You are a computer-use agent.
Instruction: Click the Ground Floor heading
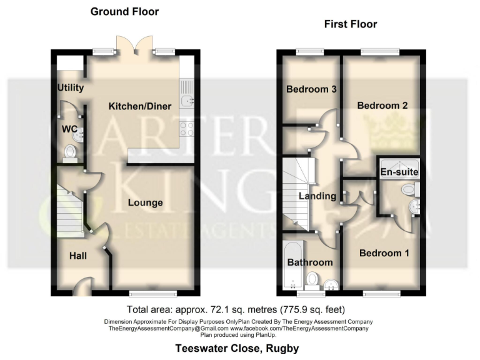(124, 12)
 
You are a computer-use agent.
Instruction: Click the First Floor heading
(350, 24)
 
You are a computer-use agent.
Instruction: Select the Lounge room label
(146, 202)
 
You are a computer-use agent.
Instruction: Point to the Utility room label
(71, 87)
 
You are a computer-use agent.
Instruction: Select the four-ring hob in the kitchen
(187, 129)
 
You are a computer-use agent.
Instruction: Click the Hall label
(78, 256)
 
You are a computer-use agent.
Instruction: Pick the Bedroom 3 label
(311, 89)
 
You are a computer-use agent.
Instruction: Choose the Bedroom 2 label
(382, 106)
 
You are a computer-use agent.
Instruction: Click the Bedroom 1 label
(384, 253)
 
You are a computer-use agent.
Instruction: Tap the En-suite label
(399, 172)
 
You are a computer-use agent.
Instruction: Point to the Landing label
(317, 196)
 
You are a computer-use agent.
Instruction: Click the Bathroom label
(309, 262)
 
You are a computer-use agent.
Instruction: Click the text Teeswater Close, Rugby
(236, 349)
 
